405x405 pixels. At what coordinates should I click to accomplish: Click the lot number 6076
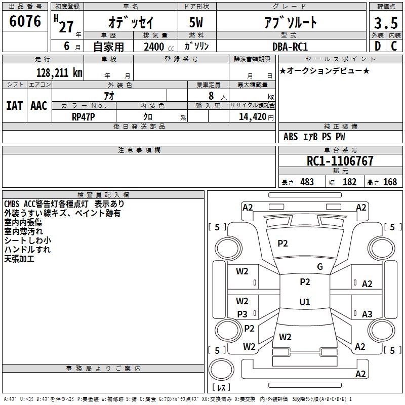tap(25, 22)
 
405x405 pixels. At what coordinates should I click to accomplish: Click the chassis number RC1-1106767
tap(340, 161)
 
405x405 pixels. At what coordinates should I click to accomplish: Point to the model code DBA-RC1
tap(289, 46)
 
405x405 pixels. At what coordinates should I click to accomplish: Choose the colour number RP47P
tap(83, 116)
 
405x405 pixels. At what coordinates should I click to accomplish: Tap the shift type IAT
tap(15, 106)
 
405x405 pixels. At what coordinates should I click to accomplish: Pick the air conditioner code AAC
tap(39, 106)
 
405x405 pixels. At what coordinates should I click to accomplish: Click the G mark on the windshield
tap(319, 267)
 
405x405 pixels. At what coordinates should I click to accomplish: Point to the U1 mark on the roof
tap(304, 302)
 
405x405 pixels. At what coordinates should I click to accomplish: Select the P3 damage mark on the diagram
tap(242, 314)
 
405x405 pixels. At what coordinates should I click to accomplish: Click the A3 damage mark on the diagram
tap(367, 314)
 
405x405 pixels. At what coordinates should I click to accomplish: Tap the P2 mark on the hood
tap(282, 244)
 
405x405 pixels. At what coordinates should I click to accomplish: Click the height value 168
tap(390, 182)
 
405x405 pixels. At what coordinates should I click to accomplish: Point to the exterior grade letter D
tap(377, 46)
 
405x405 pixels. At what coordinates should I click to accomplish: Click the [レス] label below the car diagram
tap(221, 388)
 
